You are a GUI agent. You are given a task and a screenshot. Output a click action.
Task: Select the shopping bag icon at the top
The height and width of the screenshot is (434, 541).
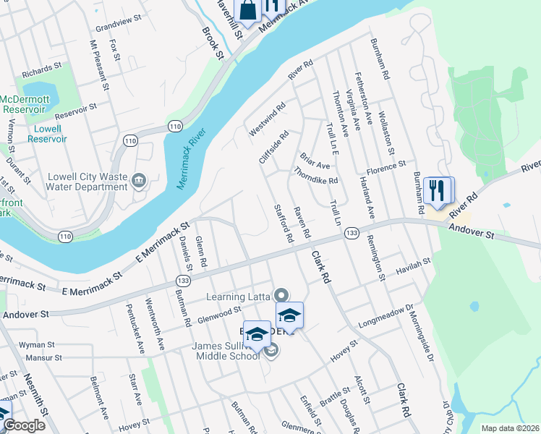pyautogui.click(x=247, y=11)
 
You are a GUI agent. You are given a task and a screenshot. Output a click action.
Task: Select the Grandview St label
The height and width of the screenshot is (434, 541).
pyautogui.click(x=116, y=25)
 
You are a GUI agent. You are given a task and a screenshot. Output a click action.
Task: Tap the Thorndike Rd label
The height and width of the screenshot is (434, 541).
pyautogui.click(x=316, y=176)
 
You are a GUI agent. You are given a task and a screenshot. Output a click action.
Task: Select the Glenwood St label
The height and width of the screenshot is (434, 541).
pyautogui.click(x=219, y=312)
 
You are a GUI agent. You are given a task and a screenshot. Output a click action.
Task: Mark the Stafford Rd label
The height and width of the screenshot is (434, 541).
pyautogui.click(x=283, y=223)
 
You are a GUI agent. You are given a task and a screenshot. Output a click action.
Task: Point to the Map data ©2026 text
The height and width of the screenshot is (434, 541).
pyautogui.click(x=510, y=428)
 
